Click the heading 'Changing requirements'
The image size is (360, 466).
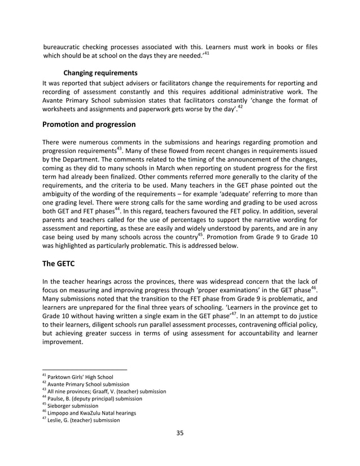click(100, 73)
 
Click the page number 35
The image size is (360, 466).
click(180, 433)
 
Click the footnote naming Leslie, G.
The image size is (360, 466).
click(84, 420)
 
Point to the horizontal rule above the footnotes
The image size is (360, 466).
click(85, 370)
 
